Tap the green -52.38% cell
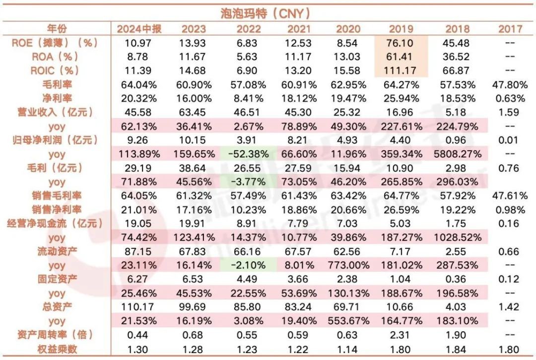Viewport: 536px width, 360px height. (248, 154)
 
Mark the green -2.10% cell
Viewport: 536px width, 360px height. (248, 266)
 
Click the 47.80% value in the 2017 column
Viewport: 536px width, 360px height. (510, 84)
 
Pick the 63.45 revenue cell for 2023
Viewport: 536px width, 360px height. (194, 112)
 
